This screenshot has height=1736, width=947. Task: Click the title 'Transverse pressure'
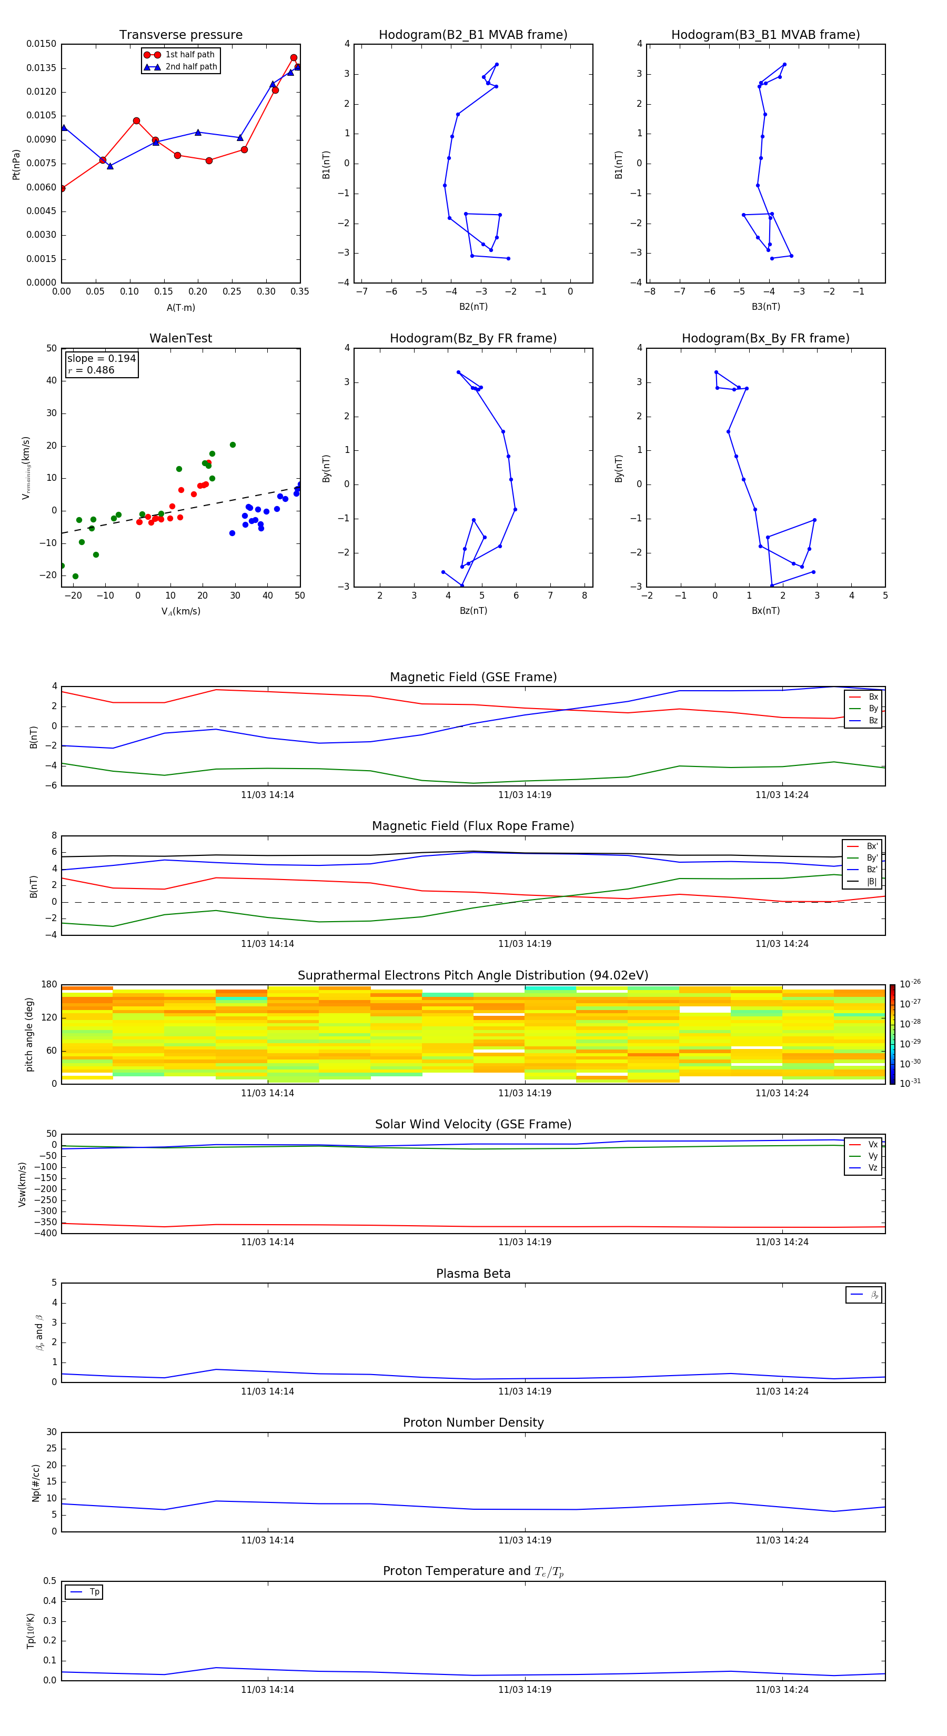coord(180,35)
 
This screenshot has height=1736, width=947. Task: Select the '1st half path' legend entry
coord(189,55)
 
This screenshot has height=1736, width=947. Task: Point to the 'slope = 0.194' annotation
coord(101,359)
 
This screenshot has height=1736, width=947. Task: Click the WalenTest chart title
coord(180,338)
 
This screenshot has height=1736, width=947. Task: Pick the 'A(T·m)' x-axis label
coord(180,307)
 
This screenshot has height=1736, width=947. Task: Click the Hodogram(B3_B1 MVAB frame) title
coord(765,35)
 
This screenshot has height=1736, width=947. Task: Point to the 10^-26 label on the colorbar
coord(910,984)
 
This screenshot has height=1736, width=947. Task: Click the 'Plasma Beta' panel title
coord(473,1274)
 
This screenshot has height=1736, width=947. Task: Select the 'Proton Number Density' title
coord(473,1422)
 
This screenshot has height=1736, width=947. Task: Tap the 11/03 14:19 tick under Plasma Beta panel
coord(525,1391)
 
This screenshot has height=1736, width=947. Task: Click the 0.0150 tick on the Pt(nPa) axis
coord(41,44)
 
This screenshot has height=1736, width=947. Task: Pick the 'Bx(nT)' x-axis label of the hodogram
coord(765,611)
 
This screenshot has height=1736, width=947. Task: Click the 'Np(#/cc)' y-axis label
coord(36,1482)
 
